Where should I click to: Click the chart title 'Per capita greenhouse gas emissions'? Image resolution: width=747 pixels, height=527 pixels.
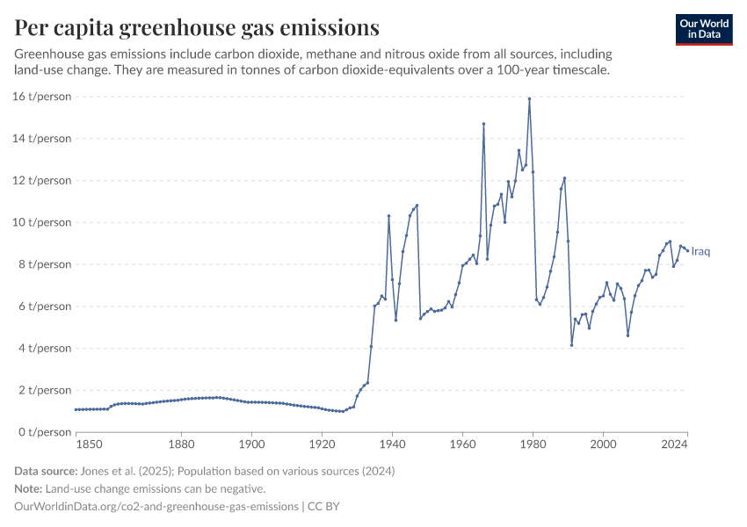(x=197, y=28)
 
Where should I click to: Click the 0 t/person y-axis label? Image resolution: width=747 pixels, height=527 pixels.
(x=43, y=432)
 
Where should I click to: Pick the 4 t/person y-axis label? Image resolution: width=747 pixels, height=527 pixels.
(x=43, y=349)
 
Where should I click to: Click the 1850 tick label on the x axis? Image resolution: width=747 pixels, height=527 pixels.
(x=76, y=446)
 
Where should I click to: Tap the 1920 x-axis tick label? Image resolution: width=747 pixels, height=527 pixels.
(x=322, y=446)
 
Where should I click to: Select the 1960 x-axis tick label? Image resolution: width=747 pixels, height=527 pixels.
(x=462, y=446)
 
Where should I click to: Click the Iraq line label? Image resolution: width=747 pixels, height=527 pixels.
(x=700, y=252)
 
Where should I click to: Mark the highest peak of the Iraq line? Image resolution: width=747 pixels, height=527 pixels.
(x=529, y=98)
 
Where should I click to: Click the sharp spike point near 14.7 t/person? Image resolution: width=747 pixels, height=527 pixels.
(x=483, y=124)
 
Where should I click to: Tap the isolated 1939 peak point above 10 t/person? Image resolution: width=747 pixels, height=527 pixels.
(x=388, y=216)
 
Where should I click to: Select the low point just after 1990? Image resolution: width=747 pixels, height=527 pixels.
(x=571, y=345)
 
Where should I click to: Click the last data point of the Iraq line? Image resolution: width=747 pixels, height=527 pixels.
(x=687, y=250)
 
